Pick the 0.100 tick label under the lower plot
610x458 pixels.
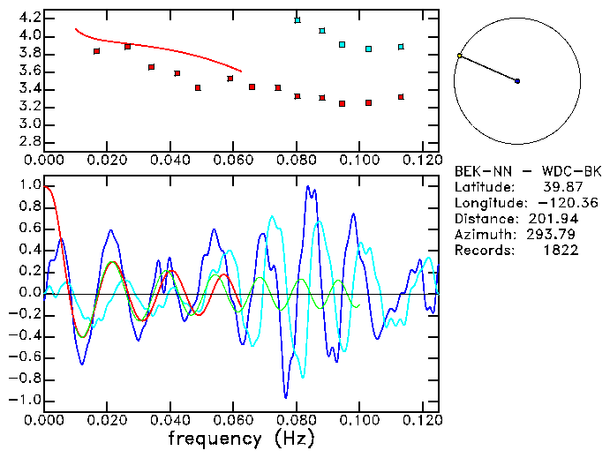coord(359,420)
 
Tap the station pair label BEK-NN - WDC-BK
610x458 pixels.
coord(528,170)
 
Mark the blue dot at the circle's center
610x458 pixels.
coord(517,81)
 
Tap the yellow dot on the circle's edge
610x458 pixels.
coord(460,56)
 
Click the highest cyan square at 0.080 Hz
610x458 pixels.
coord(297,19)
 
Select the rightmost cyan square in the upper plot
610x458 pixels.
coord(401,47)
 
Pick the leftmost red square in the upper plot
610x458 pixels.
coord(96,51)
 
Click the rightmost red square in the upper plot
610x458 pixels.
coord(401,97)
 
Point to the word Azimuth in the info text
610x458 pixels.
coord(482,234)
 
